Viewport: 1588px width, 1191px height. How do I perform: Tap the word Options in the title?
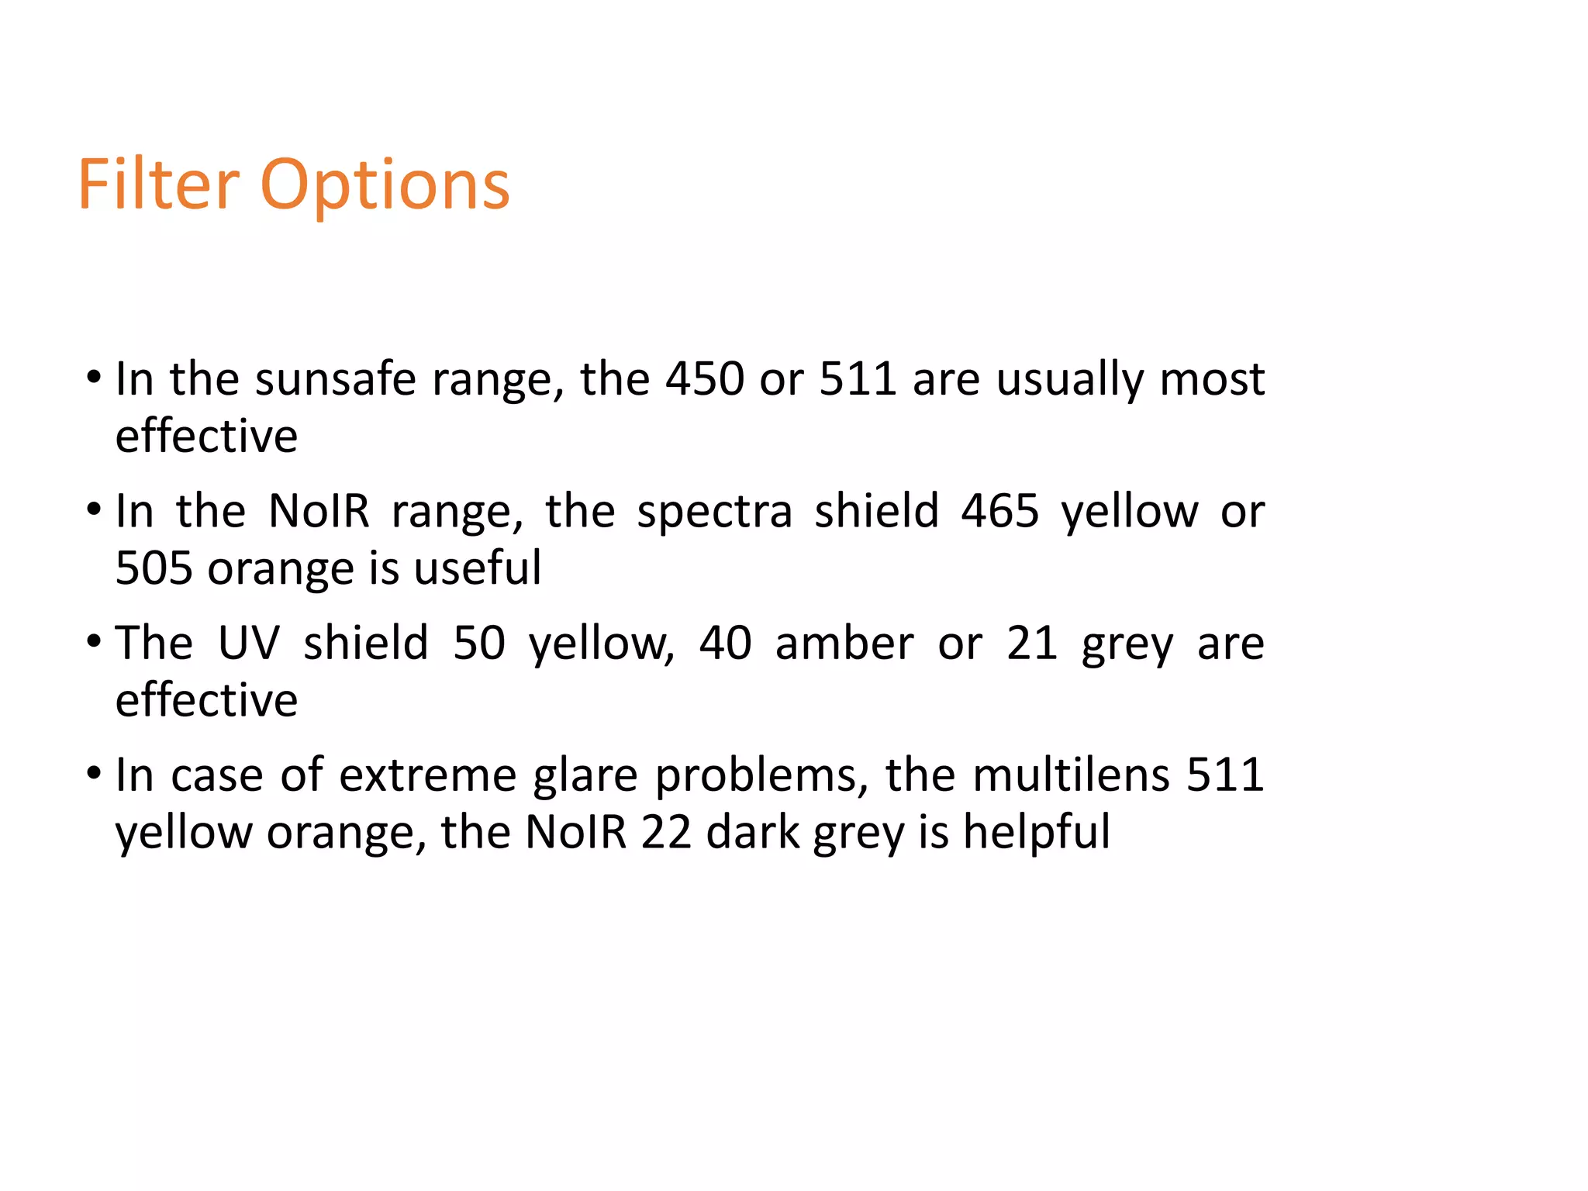coord(385,186)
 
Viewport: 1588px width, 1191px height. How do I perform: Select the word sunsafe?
coord(336,379)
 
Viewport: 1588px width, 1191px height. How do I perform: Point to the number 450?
coord(705,379)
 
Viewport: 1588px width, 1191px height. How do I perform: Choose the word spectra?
coord(715,513)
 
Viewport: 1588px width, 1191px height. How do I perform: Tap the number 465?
coord(999,512)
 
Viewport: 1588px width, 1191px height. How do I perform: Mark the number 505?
coord(154,568)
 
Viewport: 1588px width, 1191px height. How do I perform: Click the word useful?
coord(477,568)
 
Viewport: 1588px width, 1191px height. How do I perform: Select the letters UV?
coord(248,644)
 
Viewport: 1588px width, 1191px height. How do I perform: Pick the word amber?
coord(844,644)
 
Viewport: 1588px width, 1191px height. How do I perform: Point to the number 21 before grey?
coord(1032,644)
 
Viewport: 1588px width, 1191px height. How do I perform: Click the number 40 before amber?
coord(725,644)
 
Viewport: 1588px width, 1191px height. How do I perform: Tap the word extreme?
coord(427,775)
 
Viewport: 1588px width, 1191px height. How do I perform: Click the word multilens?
coord(1071,775)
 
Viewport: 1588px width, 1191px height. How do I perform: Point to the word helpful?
coord(1036,833)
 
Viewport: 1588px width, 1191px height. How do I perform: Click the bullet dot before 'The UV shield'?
coord(94,643)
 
